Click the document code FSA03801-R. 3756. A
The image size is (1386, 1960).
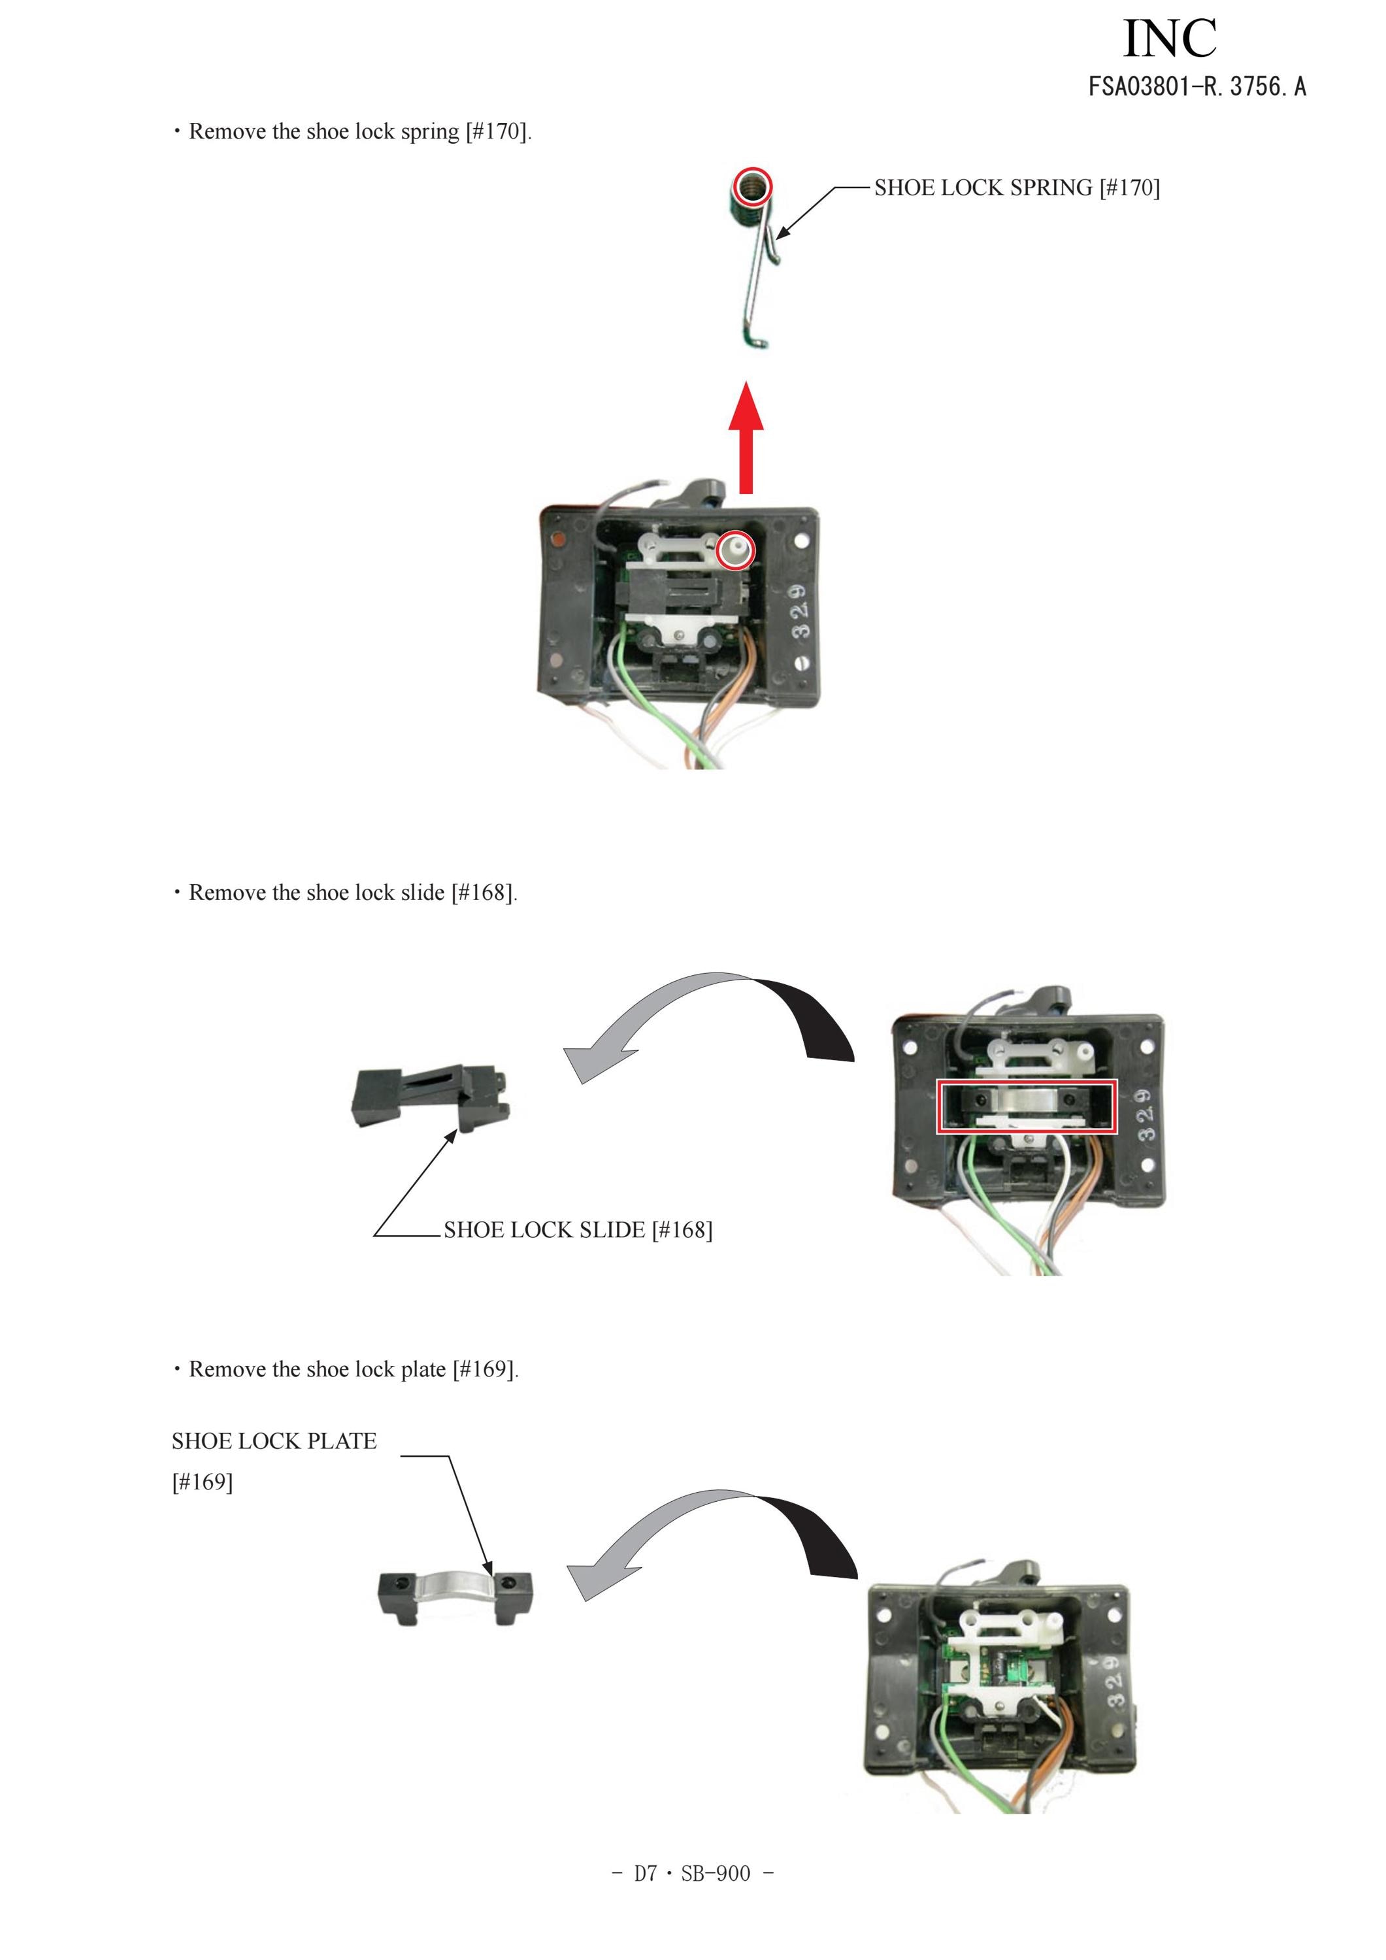pos(1196,86)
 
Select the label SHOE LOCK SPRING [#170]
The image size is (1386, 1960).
pos(1016,188)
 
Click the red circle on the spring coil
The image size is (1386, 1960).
pos(753,186)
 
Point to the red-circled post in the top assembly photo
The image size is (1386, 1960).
pos(736,550)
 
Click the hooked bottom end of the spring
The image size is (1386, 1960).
pos(755,341)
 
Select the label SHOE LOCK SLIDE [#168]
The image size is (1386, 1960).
pos(578,1230)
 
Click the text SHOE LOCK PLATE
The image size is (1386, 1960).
pos(274,1442)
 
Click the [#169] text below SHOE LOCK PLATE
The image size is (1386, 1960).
pos(203,1482)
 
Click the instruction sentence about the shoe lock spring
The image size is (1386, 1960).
pos(352,131)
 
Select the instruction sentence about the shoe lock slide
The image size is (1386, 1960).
pos(345,893)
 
